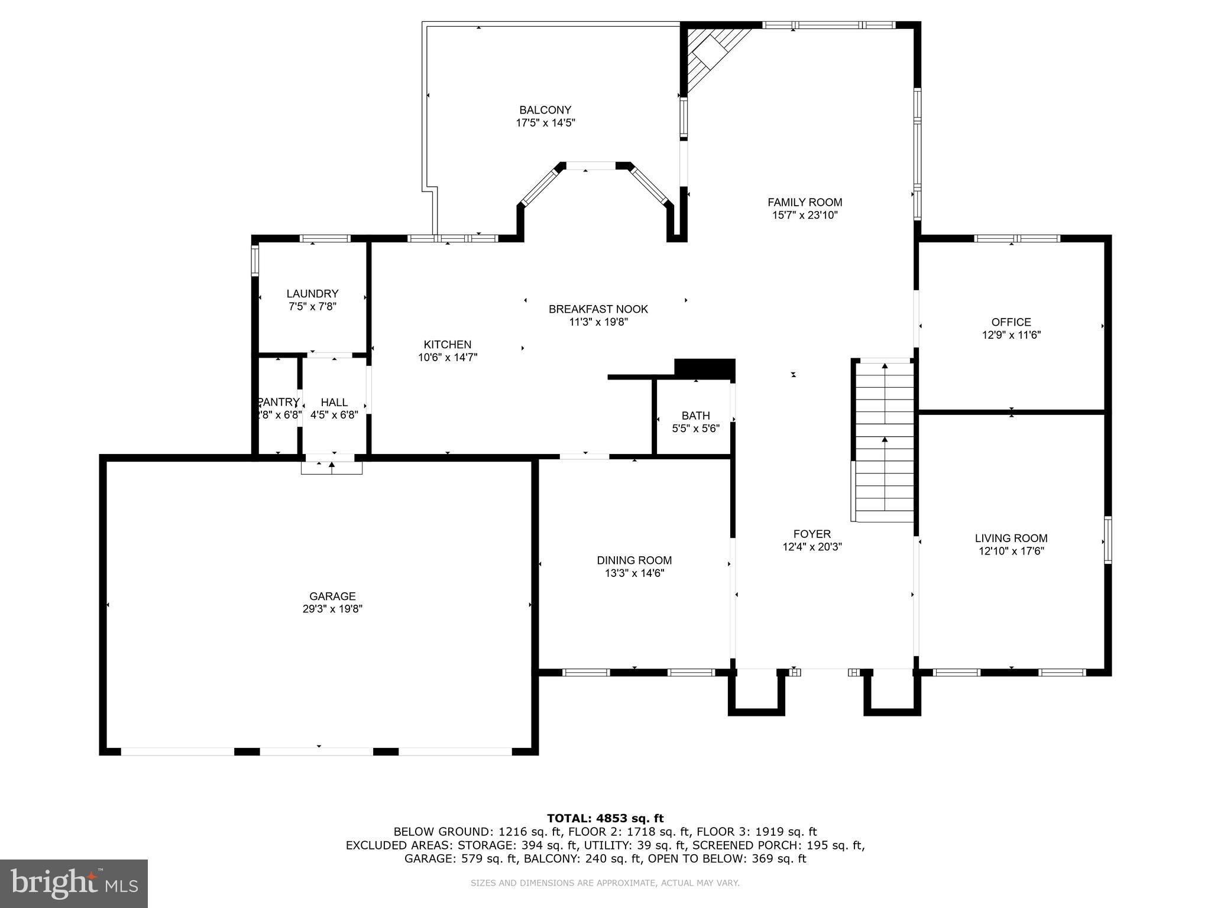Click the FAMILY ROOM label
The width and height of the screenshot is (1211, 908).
click(x=805, y=202)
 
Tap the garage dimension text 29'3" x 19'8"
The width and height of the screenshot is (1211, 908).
click(x=332, y=609)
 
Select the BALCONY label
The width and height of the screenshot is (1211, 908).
click(x=545, y=110)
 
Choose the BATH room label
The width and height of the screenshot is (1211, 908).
click(x=695, y=416)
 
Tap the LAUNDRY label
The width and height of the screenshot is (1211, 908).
click(x=312, y=294)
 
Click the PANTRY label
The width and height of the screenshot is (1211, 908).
click(x=278, y=402)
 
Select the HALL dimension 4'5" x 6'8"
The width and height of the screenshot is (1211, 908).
click(x=334, y=415)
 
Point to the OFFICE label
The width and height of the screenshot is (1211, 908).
click(x=1011, y=322)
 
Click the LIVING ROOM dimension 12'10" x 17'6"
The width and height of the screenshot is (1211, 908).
click(x=1011, y=551)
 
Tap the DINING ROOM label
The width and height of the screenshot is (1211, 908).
click(x=634, y=560)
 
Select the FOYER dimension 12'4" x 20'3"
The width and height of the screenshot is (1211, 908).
click(x=812, y=547)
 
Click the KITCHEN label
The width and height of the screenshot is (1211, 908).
click(x=447, y=345)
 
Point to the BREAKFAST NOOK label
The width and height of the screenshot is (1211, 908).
click(x=598, y=309)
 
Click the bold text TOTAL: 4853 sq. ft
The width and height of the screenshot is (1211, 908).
click(x=605, y=819)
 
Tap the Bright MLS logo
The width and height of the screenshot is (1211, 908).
click(x=73, y=884)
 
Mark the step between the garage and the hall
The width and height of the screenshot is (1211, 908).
click(x=331, y=468)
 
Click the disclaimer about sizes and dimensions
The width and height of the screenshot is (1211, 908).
click(x=605, y=883)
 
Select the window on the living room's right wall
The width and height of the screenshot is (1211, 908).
click(x=1108, y=540)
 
